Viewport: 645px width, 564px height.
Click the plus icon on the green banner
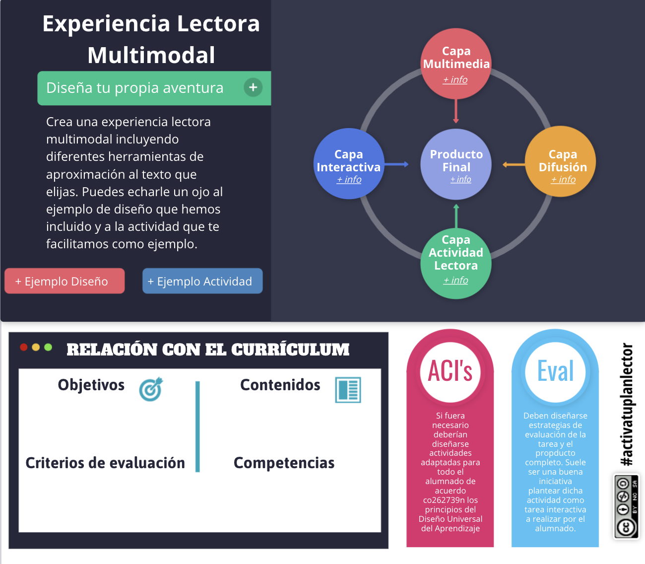pyautogui.click(x=253, y=87)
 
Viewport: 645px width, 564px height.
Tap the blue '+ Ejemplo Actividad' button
pyautogui.click(x=202, y=281)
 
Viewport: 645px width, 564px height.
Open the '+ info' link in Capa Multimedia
pyautogui.click(x=455, y=79)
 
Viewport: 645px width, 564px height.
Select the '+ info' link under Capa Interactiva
pyautogui.click(x=349, y=179)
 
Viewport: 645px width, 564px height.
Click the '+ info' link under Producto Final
pyautogui.click(x=461, y=179)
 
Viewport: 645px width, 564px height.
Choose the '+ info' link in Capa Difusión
pyautogui.click(x=563, y=179)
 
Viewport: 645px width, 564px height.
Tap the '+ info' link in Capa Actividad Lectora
pyautogui.click(x=456, y=280)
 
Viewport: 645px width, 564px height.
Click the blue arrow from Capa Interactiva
pyautogui.click(x=396, y=164)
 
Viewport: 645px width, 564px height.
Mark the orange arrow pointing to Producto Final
pyautogui.click(x=514, y=164)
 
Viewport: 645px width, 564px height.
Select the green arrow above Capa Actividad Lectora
pyautogui.click(x=456, y=216)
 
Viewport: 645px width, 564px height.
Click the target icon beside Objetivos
pyautogui.click(x=151, y=389)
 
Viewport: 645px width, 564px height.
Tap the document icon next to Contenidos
pyautogui.click(x=348, y=390)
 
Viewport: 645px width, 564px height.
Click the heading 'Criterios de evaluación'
pyautogui.click(x=105, y=463)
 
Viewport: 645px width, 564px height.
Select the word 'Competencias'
pyautogui.click(x=284, y=463)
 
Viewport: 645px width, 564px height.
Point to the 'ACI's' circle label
pyautogui.click(x=450, y=371)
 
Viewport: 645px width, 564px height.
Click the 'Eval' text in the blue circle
pyautogui.click(x=555, y=371)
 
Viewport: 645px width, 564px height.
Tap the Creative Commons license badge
pyautogui.click(x=626, y=506)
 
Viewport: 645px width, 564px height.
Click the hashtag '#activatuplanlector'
pyautogui.click(x=627, y=405)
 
